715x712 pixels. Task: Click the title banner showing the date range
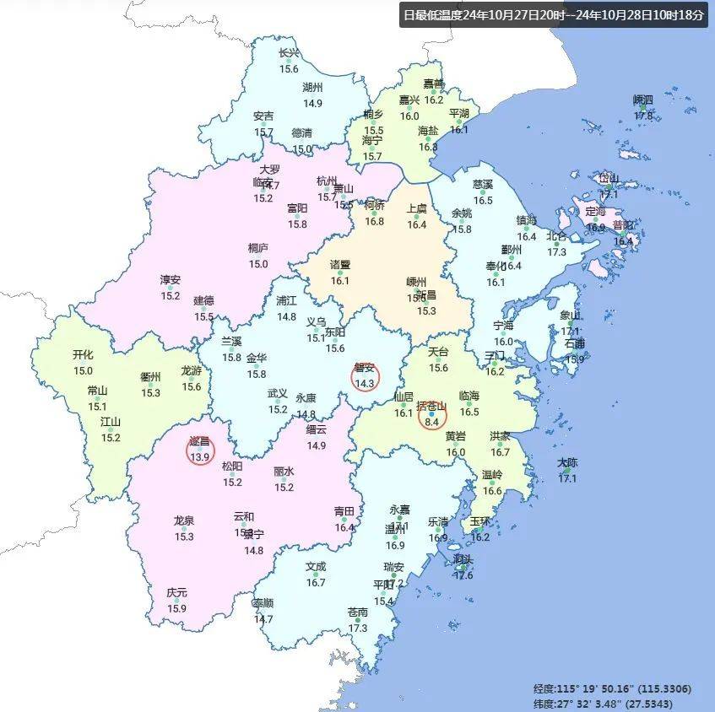(554, 14)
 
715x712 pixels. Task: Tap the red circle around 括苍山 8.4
(432, 414)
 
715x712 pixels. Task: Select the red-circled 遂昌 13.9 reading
(200, 450)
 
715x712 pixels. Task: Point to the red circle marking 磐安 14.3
(365, 376)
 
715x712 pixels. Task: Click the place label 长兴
(290, 53)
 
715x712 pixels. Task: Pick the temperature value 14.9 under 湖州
(312, 103)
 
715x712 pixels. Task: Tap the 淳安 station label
(171, 280)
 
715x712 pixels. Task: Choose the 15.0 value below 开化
(83, 370)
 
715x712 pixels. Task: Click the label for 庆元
(176, 593)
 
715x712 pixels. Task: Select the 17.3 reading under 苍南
(358, 628)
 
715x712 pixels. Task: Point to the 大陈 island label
(567, 463)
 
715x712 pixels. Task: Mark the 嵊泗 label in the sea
(643, 100)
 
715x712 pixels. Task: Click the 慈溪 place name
(483, 184)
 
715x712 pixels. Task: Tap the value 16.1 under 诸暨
(339, 280)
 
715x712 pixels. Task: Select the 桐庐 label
(258, 248)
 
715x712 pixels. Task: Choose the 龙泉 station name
(184, 521)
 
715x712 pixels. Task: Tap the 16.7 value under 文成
(316, 582)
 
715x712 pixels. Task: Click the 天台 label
(438, 351)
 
